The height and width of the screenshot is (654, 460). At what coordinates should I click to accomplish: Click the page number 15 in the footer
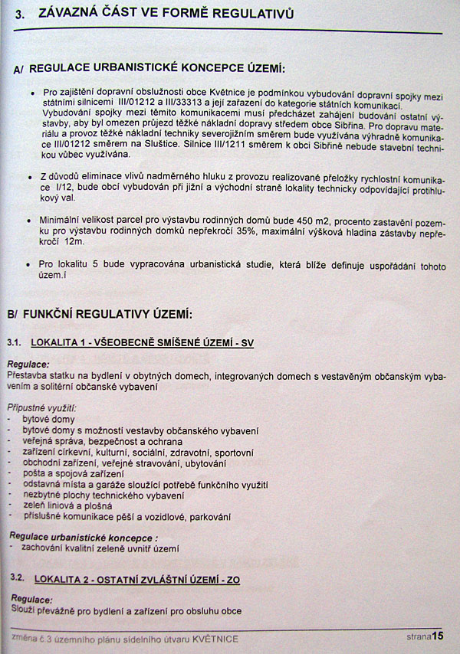[438, 635]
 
